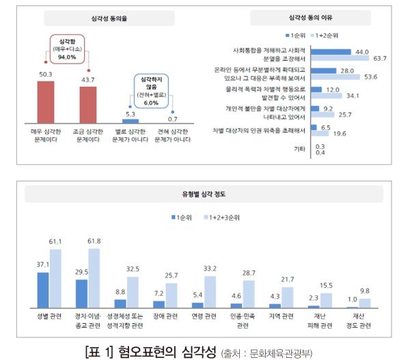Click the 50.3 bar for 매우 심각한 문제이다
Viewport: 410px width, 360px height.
pos(45,102)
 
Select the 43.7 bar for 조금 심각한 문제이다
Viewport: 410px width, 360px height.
pos(88,105)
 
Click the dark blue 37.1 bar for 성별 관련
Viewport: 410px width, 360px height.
pos(42,290)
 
